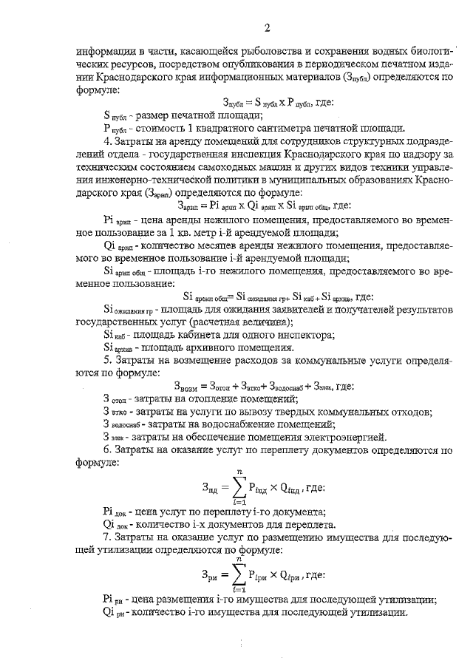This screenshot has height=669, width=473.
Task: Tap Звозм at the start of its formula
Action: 188,385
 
